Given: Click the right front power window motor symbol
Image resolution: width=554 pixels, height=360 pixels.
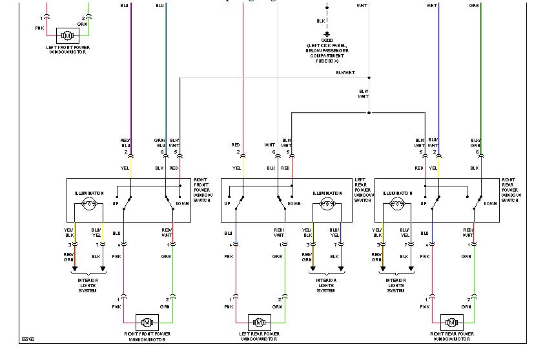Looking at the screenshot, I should click(147, 321).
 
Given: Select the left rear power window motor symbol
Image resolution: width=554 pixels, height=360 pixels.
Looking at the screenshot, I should click(259, 321).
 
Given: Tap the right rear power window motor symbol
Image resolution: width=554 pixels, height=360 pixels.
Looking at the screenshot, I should click(451, 321).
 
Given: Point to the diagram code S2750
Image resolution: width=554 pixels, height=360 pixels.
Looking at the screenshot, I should click(28, 338).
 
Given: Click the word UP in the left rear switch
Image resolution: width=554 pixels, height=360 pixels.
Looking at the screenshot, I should click(227, 204).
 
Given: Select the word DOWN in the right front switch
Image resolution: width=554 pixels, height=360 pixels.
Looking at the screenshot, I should click(181, 204).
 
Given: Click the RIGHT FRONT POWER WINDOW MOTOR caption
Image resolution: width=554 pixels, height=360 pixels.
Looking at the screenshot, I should click(147, 336).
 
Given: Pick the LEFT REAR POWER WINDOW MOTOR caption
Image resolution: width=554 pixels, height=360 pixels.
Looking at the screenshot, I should click(259, 336).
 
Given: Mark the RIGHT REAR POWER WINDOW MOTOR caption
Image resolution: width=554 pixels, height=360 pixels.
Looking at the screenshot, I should click(451, 336).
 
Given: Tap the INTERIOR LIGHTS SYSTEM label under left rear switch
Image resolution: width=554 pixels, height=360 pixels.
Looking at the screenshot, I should click(326, 286).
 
